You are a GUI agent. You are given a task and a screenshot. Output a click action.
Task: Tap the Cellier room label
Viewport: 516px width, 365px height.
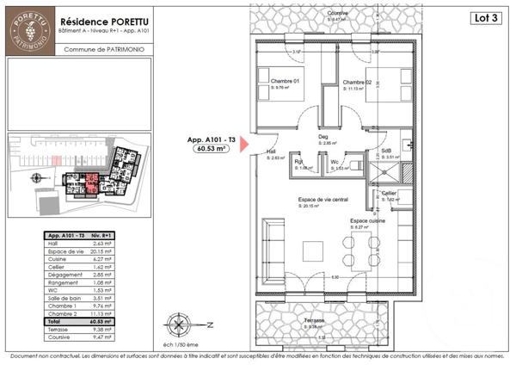(x=390, y=193)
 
